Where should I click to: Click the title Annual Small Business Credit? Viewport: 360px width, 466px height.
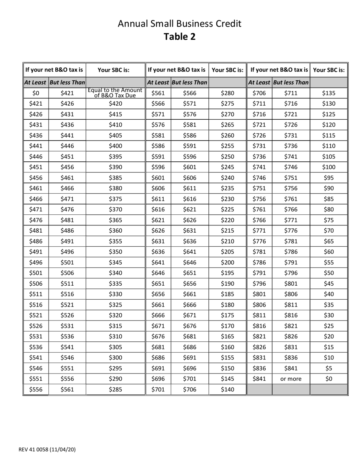[x=180, y=24]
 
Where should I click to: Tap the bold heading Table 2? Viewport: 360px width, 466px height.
[x=180, y=37]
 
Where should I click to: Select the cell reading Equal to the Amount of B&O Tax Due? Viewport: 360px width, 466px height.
[x=116, y=93]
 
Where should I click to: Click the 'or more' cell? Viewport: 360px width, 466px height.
[x=291, y=378]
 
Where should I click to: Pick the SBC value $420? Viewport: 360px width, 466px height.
[x=116, y=103]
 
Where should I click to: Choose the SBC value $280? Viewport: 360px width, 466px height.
[x=227, y=93]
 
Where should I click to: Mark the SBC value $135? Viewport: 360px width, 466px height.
[x=329, y=93]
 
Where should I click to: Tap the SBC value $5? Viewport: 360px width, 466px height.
[x=329, y=368]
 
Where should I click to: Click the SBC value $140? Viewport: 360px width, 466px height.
[x=227, y=389]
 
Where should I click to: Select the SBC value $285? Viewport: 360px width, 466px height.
[x=116, y=389]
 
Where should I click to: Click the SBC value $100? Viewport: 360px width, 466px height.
[x=329, y=167]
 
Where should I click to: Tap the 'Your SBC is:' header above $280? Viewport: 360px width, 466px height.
[x=227, y=70]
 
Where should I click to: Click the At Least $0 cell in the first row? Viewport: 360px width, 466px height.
[x=36, y=93]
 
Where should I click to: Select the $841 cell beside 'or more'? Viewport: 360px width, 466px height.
[x=260, y=378]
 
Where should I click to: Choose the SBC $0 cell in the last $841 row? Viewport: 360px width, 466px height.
[x=329, y=378]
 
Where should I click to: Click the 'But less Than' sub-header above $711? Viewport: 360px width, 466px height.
[x=291, y=82]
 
